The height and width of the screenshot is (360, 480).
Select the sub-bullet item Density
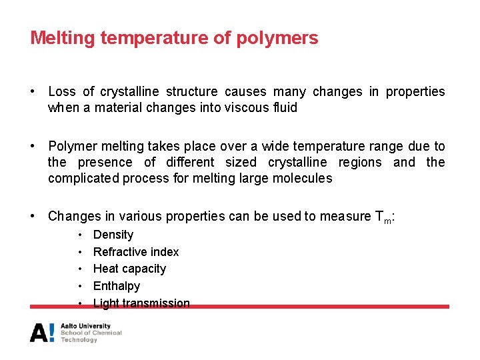click(x=113, y=235)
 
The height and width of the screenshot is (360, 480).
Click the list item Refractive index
click(x=136, y=252)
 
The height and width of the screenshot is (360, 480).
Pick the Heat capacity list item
click(x=129, y=269)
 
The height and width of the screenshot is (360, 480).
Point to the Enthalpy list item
click(x=117, y=286)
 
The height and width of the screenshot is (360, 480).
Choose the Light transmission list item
click(x=141, y=303)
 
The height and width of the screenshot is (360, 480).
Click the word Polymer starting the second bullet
click(x=71, y=146)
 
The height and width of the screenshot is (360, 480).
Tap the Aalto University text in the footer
click(x=85, y=326)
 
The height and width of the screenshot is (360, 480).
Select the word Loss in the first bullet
click(x=62, y=91)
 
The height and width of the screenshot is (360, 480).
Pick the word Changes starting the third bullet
click(x=73, y=216)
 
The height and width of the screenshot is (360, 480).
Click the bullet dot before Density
click(x=80, y=235)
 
